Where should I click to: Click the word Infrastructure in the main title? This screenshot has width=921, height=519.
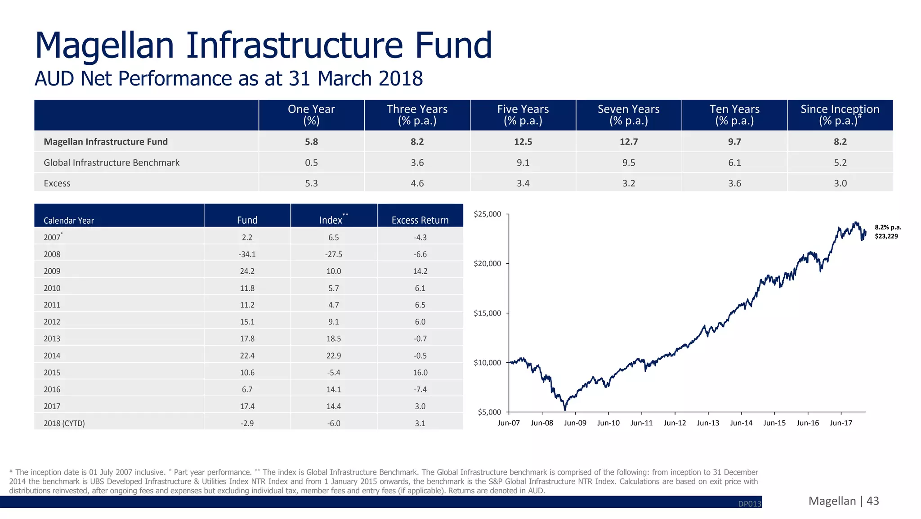pos(294,46)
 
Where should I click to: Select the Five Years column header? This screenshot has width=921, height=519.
pos(523,115)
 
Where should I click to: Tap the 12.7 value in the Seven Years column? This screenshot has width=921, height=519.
pos(628,142)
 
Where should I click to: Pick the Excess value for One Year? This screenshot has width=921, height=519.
pos(311,183)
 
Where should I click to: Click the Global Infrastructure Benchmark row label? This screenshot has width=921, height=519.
pos(112,162)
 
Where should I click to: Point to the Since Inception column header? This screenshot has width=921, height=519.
pos(840,115)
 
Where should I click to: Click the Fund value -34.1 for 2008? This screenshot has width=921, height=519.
pos(247,254)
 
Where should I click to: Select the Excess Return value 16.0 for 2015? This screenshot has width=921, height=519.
pos(420,373)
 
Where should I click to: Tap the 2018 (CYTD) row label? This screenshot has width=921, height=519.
pos(64,423)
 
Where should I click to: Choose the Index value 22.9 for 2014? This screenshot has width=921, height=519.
pos(334,356)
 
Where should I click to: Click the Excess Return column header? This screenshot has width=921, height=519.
pos(420,220)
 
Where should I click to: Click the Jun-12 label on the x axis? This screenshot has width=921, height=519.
pos(675,423)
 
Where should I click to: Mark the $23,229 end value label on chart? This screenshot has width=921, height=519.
pos(886,236)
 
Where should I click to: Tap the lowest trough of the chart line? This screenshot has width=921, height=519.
pos(565,410)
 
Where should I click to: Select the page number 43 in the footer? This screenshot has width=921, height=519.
pos(872,501)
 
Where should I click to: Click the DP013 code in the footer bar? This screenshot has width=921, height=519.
pos(749,504)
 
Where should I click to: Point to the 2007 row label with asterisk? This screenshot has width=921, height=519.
pos(53,237)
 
